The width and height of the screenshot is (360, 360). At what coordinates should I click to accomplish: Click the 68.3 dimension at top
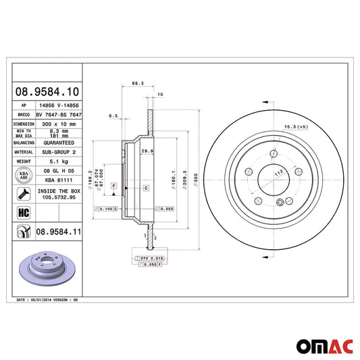(136, 84)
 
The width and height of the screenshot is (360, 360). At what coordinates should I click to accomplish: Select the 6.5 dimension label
(113, 116)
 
